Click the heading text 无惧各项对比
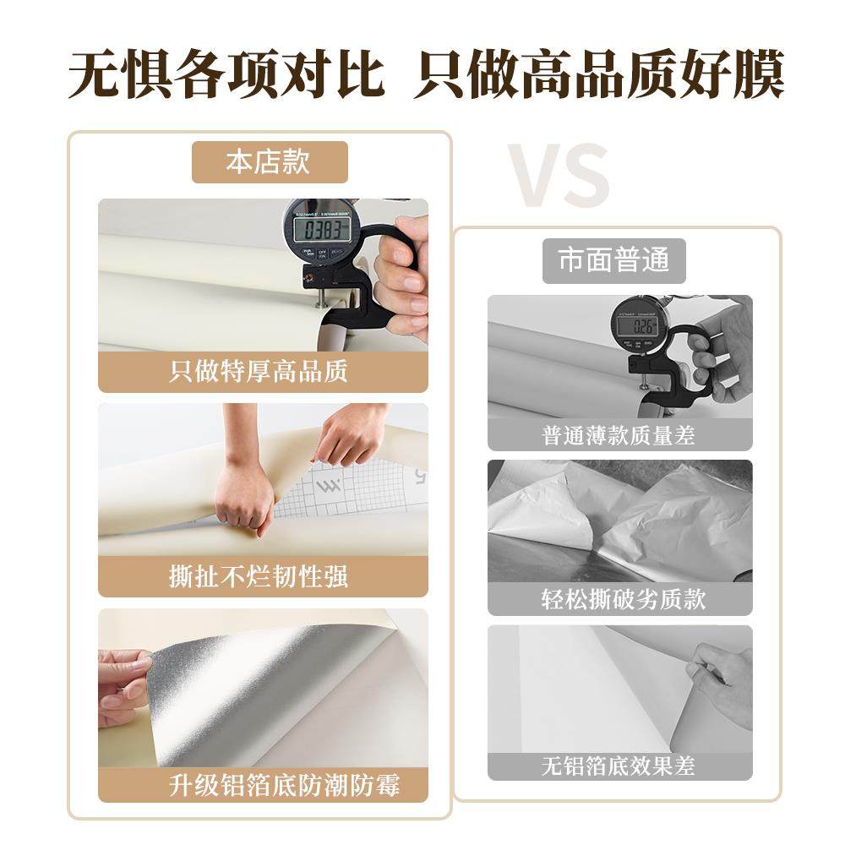[226, 74]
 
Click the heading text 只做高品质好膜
[598, 74]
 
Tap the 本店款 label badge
[270, 162]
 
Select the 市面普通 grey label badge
[613, 259]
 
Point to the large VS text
[558, 176]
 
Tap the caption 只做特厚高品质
[259, 372]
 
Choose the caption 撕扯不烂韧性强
[259, 577]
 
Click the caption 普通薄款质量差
[619, 435]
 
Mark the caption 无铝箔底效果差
[619, 766]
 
